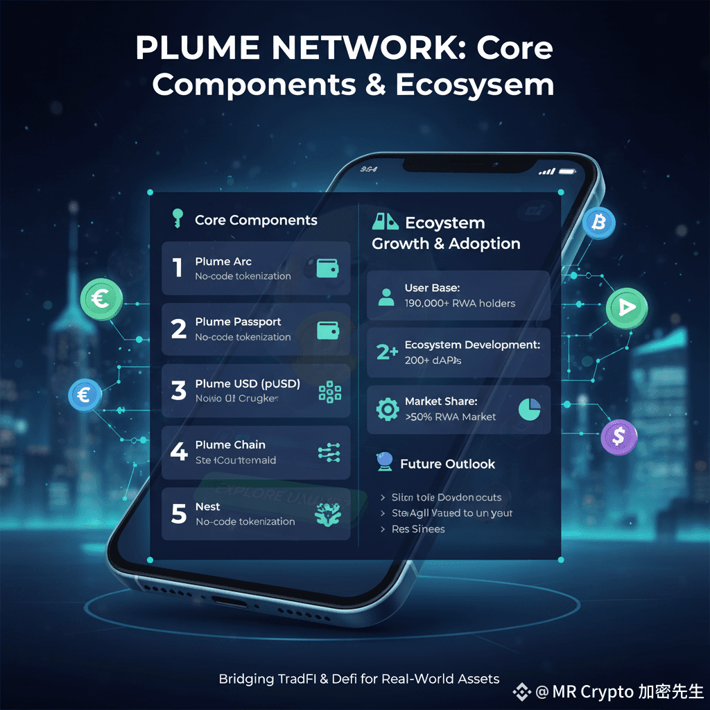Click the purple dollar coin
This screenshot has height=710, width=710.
[619, 436]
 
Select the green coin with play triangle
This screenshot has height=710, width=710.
[626, 308]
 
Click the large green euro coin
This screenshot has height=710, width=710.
[102, 300]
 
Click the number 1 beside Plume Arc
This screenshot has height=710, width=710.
[177, 268]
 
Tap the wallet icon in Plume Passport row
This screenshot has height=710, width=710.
[328, 329]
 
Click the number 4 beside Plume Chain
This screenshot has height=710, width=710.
[178, 451]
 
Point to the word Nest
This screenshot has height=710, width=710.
[207, 507]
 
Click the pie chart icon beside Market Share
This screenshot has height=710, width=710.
[528, 409]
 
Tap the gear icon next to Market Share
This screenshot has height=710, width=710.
[386, 410]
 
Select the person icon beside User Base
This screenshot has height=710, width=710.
[386, 297]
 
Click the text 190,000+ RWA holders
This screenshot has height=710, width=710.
[460, 303]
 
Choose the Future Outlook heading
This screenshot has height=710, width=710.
[447, 464]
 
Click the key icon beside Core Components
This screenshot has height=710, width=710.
[176, 219]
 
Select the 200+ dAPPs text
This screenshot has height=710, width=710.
[433, 361]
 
